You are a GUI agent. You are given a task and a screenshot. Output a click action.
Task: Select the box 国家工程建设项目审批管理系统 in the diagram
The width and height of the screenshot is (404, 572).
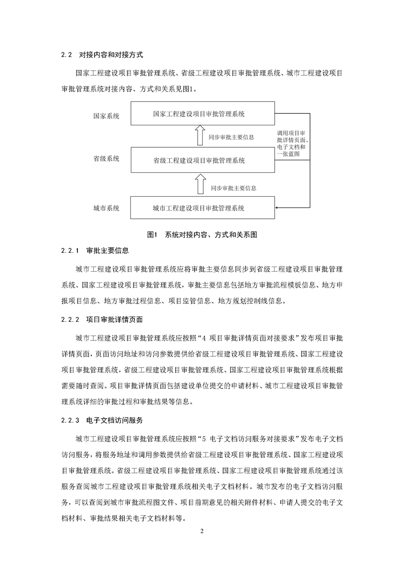pyautogui.click(x=199, y=114)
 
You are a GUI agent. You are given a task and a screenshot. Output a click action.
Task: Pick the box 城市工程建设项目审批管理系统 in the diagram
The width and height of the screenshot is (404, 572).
pyautogui.click(x=199, y=208)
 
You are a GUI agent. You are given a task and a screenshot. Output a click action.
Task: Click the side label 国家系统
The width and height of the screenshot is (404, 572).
pyautogui.click(x=106, y=116)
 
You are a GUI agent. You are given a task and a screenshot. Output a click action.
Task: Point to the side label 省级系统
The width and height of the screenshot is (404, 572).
pyautogui.click(x=106, y=159)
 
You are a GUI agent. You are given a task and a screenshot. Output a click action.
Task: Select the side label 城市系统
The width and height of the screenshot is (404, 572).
pyautogui.click(x=106, y=208)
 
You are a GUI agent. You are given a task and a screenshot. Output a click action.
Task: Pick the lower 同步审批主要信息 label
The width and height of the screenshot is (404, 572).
pyautogui.click(x=233, y=188)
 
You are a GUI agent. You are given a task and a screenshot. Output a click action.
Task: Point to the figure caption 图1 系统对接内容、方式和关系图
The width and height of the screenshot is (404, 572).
pyautogui.click(x=202, y=235)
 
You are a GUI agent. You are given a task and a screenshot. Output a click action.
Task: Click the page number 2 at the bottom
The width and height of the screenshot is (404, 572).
pyautogui.click(x=202, y=532)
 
